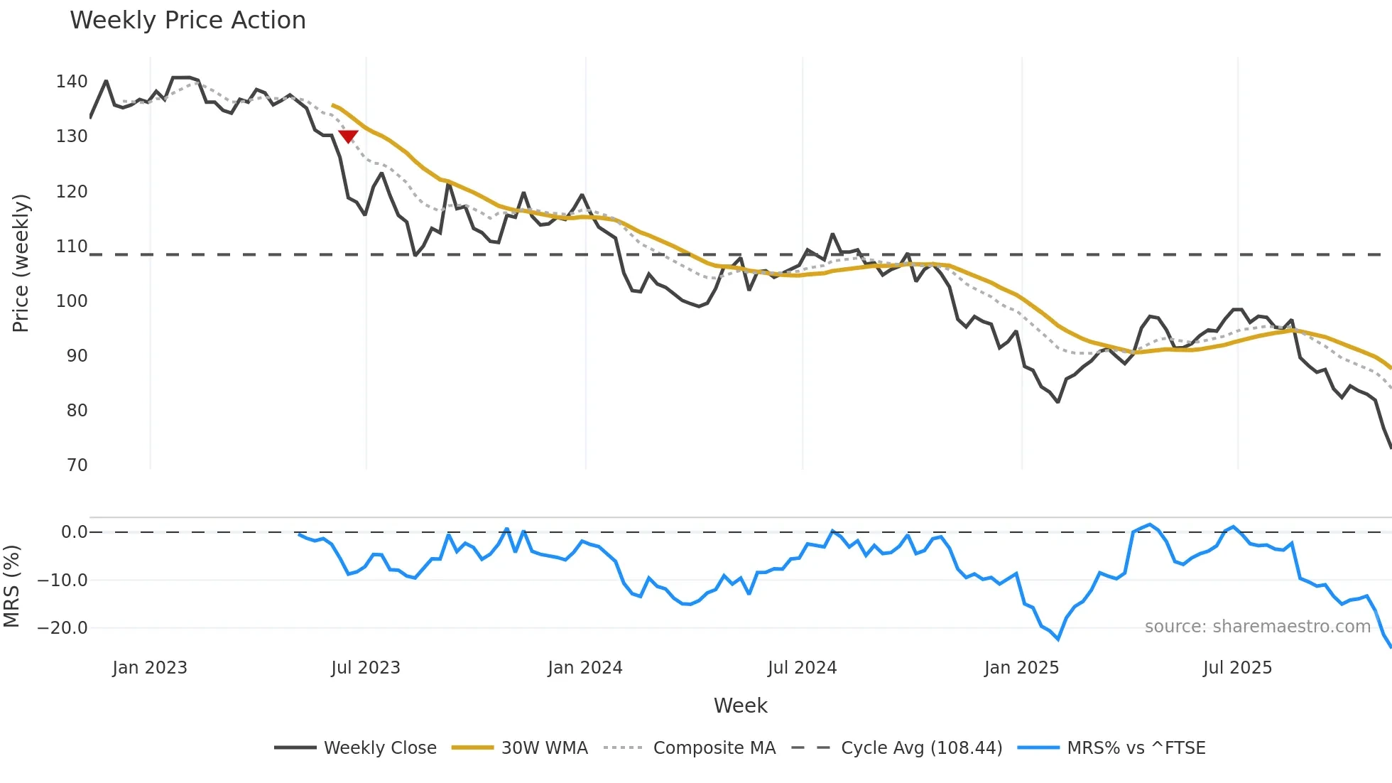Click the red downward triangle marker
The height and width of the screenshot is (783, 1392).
coord(348,136)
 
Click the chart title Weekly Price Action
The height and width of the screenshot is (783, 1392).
coord(187,21)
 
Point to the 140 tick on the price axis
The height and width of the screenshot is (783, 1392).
coord(72,82)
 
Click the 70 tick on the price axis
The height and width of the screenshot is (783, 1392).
coord(77,465)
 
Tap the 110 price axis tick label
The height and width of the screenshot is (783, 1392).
coord(72,247)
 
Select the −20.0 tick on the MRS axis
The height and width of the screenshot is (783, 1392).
coord(62,628)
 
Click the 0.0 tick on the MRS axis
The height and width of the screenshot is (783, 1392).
coord(74,532)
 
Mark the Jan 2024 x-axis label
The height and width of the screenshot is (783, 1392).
coord(585,668)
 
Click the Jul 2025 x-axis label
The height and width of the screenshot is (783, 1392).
coord(1237,668)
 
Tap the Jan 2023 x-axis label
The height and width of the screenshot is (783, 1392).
coord(150,668)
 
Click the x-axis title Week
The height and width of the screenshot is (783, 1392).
coord(740,706)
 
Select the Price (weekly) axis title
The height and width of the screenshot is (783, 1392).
coord(21,263)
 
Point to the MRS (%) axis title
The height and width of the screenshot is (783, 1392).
coord(12,586)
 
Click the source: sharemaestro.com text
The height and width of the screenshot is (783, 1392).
coord(1257,627)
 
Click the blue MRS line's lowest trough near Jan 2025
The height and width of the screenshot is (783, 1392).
coord(1058,639)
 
